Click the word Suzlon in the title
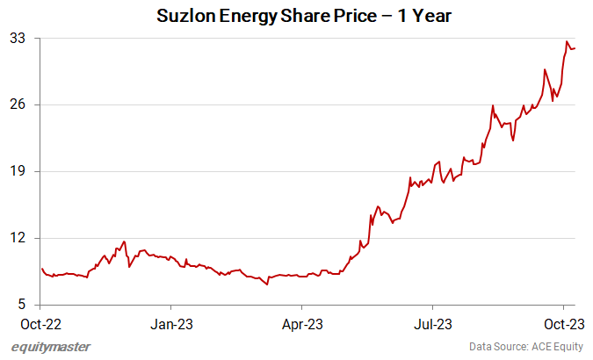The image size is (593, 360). [184, 17]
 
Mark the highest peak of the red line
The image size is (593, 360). [568, 41]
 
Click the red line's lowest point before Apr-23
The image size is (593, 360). [266, 284]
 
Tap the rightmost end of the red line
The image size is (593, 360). [575, 48]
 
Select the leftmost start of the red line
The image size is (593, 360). [41, 269]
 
